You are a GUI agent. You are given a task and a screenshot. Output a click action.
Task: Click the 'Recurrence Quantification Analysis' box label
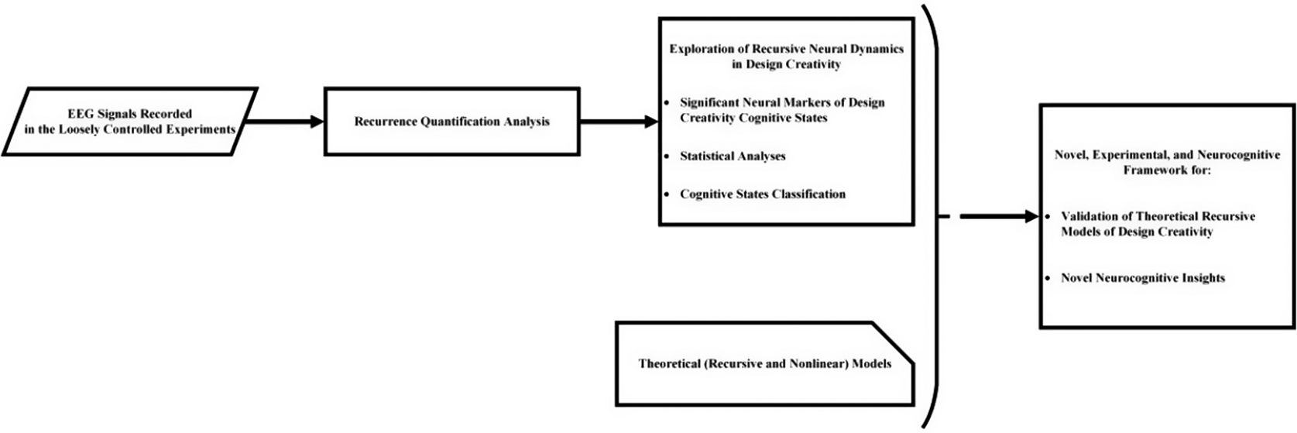pyautogui.click(x=451, y=122)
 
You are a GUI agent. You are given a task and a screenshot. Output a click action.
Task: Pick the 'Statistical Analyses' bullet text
pyautogui.click(x=733, y=156)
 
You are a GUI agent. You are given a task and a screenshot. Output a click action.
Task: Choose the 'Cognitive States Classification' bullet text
pyautogui.click(x=763, y=194)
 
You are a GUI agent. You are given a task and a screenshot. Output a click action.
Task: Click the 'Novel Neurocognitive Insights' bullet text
pyautogui.click(x=1143, y=278)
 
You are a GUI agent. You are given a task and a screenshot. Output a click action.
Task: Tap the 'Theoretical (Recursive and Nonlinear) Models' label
pyautogui.click(x=764, y=363)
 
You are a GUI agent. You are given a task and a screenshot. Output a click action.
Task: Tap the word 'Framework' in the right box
pyautogui.click(x=1151, y=169)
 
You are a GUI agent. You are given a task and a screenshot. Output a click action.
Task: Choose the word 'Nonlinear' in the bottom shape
pyautogui.click(x=821, y=363)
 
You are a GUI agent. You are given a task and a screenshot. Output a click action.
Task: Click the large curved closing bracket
pyautogui.click(x=935, y=217)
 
